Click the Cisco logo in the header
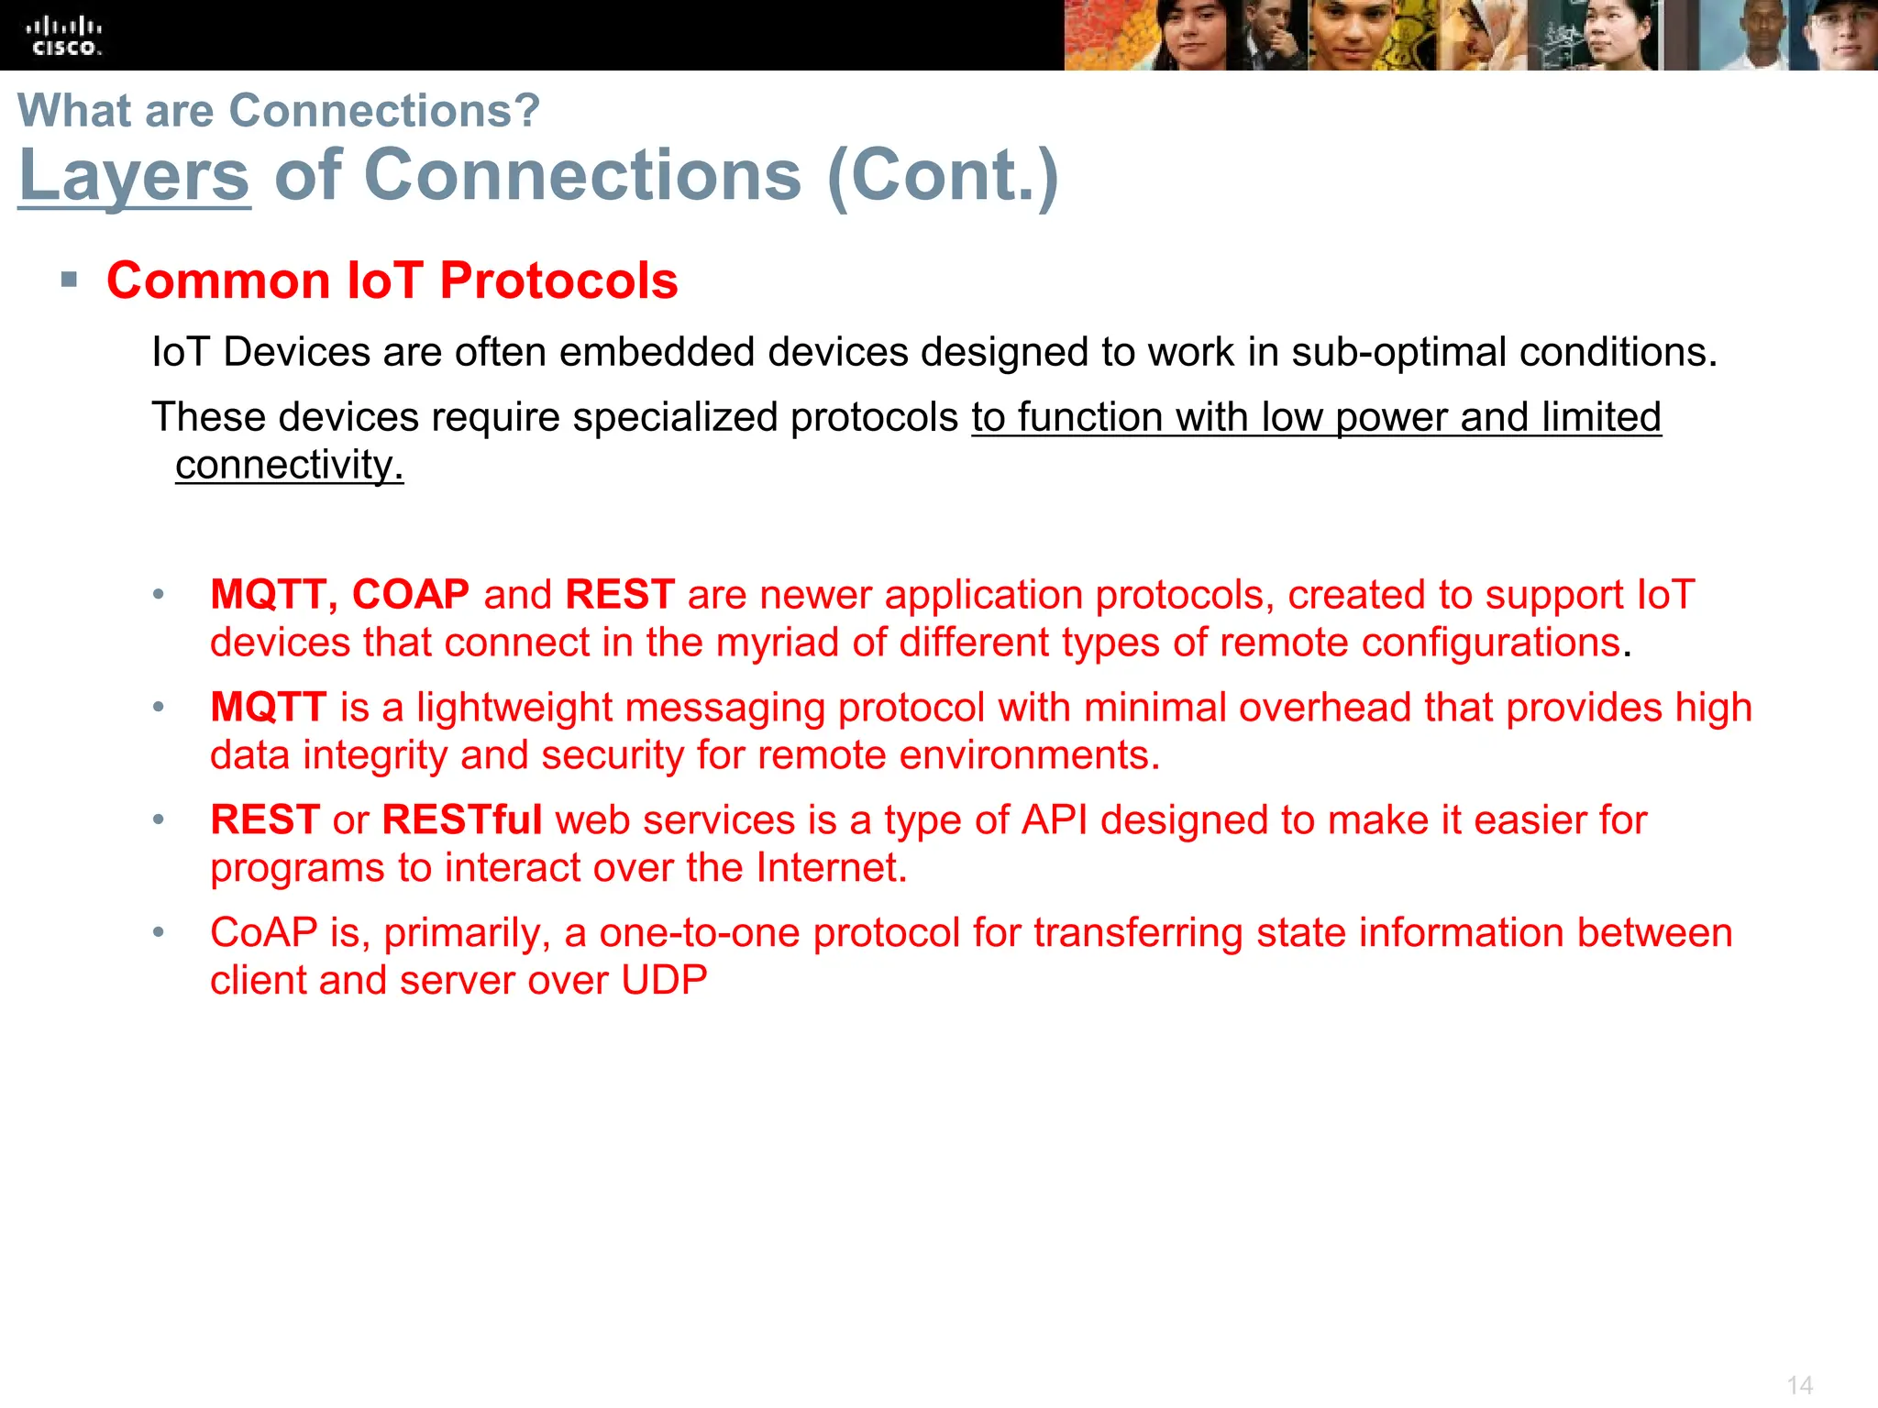[64, 36]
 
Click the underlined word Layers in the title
[134, 175]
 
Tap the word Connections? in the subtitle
[384, 111]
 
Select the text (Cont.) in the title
[943, 175]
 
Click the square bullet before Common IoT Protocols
[70, 280]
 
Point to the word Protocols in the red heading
[558, 280]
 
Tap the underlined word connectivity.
[289, 465]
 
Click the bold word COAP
[411, 595]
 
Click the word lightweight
[514, 708]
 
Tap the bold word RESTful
[461, 820]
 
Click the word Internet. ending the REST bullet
[831, 868]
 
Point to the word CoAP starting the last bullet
[263, 933]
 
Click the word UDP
[664, 981]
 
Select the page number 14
[1799, 1384]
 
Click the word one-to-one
[699, 933]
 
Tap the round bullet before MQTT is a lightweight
[159, 707]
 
